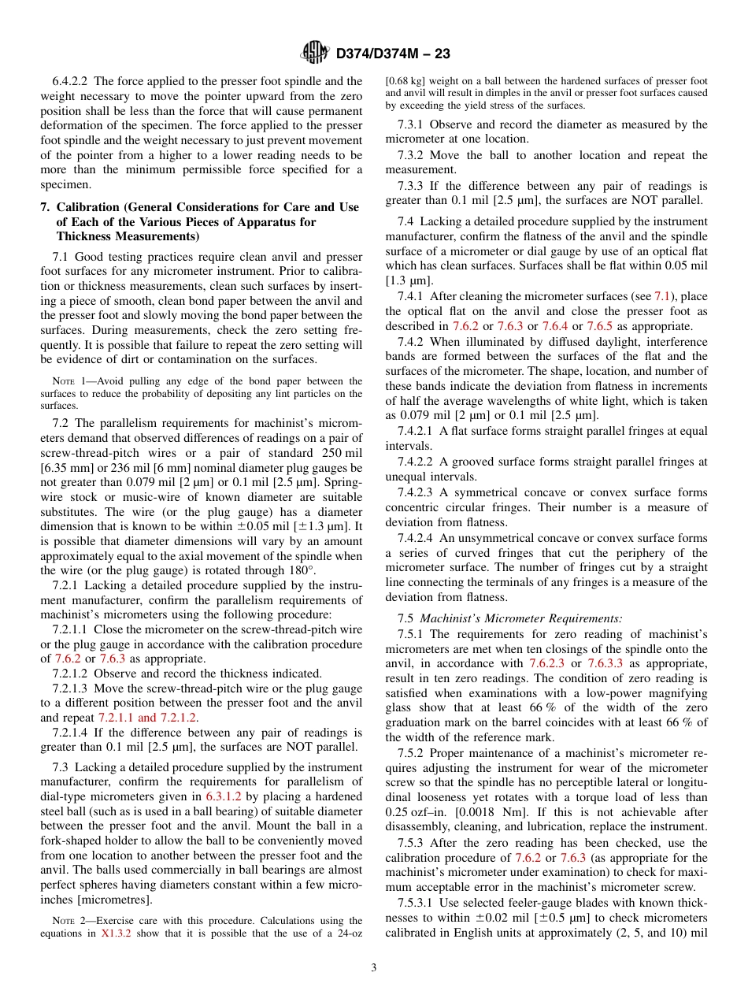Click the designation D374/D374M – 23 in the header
tap(392, 54)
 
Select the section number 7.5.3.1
tap(417, 904)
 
